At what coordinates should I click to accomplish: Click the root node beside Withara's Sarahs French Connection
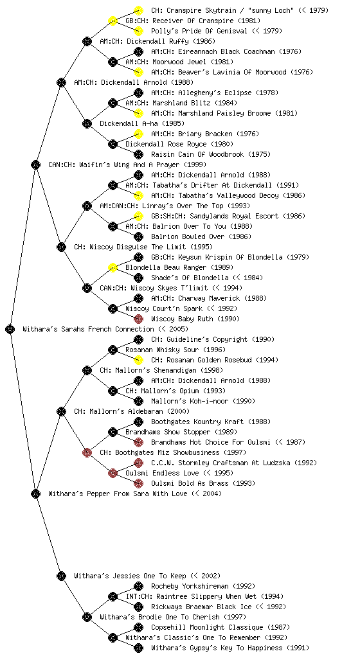point(10,329)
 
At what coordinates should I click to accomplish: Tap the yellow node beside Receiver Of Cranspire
point(113,21)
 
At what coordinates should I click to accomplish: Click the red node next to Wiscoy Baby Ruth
point(138,319)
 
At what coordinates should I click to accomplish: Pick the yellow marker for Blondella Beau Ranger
point(113,267)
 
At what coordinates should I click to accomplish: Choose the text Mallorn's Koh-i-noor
point(190,401)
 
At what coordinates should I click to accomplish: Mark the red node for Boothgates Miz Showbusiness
point(87,452)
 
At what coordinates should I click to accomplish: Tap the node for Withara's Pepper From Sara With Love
point(35,493)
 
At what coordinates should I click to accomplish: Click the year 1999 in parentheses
point(195,164)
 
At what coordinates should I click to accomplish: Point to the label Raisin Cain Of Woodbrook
point(197,154)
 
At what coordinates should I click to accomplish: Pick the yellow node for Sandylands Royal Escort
point(138,216)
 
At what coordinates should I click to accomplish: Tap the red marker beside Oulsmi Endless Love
point(113,473)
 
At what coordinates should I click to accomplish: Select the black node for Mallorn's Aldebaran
point(61,411)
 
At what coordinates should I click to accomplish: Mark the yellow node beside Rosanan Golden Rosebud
point(138,360)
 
